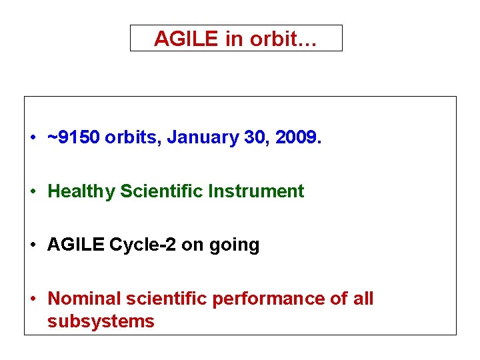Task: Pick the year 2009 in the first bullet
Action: pos(297,138)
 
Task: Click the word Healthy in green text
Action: pos(81,192)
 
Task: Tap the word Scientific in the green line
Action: pos(161,191)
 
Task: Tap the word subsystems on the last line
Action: pos(101,321)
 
